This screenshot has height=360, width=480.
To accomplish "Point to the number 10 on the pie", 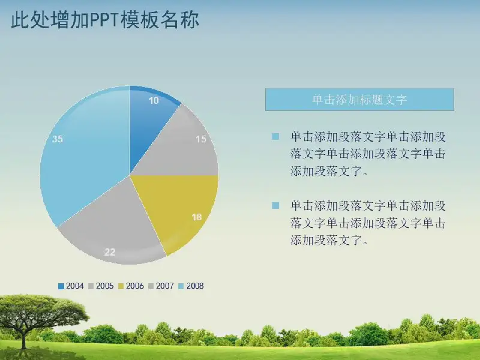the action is click(x=154, y=100).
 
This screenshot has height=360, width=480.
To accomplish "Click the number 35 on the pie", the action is click(x=57, y=139).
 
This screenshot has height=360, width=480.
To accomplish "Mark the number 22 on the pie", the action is click(x=110, y=252).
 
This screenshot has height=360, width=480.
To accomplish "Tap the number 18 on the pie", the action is click(x=197, y=217).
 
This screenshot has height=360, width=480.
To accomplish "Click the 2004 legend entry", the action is click(x=71, y=286).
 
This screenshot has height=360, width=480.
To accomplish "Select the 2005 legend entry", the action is click(x=101, y=286).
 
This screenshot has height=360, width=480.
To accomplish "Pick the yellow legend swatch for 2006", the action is click(x=121, y=286).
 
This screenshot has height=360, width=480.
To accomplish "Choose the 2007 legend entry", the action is click(x=161, y=286).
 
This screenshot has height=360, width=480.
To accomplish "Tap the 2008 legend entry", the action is click(x=191, y=286).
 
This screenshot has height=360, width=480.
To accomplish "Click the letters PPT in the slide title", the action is click(x=103, y=20).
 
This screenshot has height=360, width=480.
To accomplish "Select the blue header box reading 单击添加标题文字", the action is click(x=359, y=100).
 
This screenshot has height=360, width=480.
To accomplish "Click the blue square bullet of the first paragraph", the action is click(x=275, y=137).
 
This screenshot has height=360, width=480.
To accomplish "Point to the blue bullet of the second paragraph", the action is click(x=275, y=205).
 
